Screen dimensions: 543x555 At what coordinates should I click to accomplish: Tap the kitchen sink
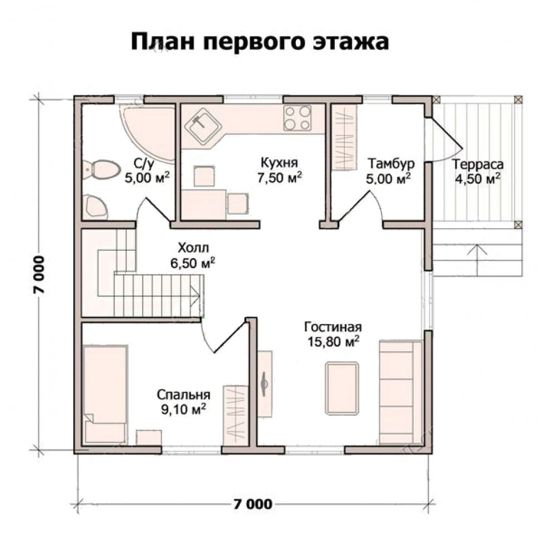coord(203,126)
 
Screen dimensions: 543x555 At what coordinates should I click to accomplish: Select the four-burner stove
coord(297,118)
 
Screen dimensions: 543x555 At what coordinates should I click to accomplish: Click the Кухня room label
coord(279,163)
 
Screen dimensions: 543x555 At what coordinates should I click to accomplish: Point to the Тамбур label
coord(391,164)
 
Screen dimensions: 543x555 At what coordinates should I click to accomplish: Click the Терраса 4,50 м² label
coord(477,171)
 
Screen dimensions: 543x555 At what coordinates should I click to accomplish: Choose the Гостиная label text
coord(333,327)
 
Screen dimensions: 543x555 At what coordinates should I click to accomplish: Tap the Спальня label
coord(183,394)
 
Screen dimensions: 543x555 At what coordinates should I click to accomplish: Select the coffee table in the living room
coord(341,388)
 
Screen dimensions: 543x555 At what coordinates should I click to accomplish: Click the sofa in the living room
coord(401,391)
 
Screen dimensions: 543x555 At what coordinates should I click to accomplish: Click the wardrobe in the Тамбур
coord(344,138)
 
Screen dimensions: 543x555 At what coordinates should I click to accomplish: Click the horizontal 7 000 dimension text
coord(253,504)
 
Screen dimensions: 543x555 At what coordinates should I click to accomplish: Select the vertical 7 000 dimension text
coord(39,274)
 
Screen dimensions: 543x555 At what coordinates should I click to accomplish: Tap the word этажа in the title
coord(351,42)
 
